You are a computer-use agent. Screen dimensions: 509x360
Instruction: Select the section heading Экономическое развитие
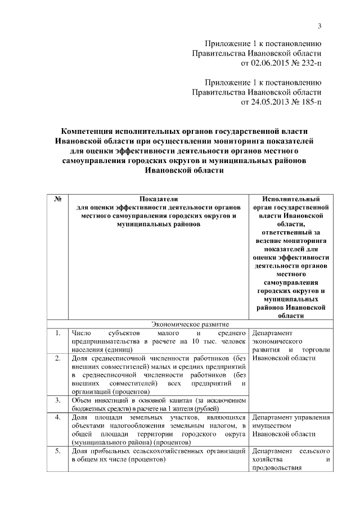pyautogui.click(x=189, y=324)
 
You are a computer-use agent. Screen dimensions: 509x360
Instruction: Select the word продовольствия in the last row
pyautogui.click(x=279, y=467)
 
